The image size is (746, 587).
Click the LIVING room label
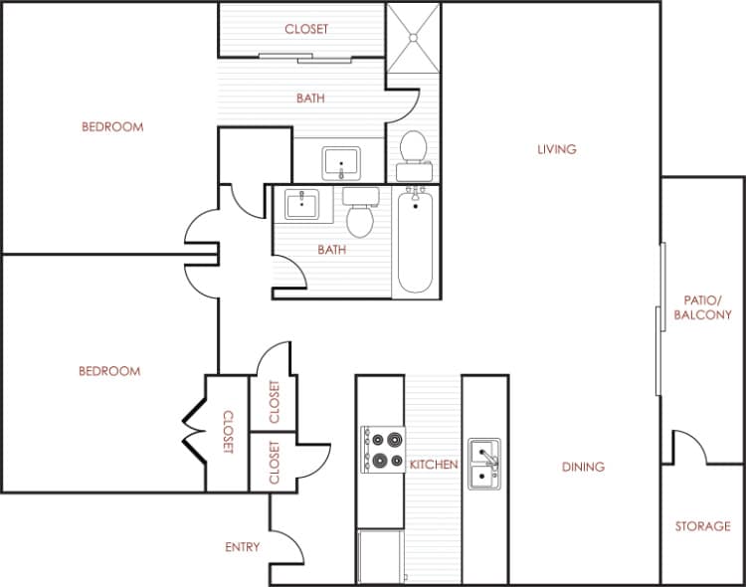[556, 150]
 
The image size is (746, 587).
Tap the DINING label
[583, 467]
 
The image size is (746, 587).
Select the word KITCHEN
[434, 465]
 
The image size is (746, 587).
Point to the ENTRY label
[243, 547]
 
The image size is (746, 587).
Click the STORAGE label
[703, 526]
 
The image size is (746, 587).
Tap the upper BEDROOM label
[112, 127]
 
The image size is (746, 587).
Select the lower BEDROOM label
[109, 371]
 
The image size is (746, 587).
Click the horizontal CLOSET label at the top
[306, 30]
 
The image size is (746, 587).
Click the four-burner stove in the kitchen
[383, 450]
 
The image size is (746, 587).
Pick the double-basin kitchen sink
[484, 465]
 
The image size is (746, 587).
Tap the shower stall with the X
[413, 38]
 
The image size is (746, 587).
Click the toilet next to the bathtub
[358, 214]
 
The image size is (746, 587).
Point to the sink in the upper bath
[341, 161]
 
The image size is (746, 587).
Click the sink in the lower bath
[299, 205]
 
